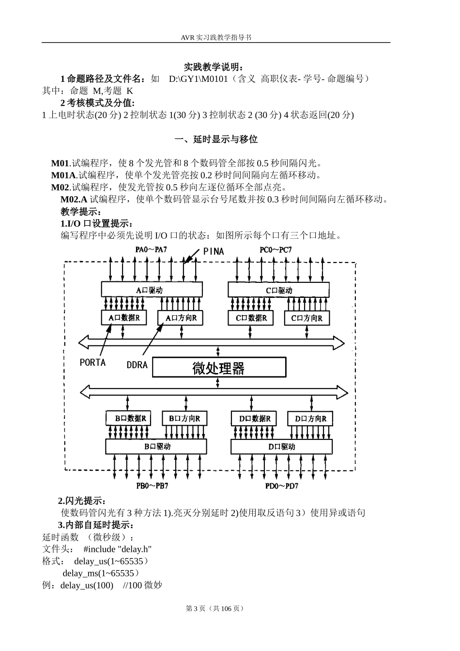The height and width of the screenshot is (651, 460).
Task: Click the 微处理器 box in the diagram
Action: point(219,368)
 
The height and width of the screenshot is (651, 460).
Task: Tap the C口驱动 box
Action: point(279,290)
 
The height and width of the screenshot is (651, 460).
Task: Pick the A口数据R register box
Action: point(123,318)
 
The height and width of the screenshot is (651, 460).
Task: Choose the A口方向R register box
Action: point(181,318)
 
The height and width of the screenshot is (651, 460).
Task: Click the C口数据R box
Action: point(250,318)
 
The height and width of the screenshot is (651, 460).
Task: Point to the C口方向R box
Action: point(307,318)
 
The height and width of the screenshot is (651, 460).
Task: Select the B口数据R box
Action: point(128,418)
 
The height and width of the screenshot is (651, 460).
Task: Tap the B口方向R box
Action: point(184,418)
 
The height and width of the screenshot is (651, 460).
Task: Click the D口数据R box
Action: point(255,418)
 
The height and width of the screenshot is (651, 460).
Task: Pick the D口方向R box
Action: point(310,418)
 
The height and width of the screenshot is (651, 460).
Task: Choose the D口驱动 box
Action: point(281,447)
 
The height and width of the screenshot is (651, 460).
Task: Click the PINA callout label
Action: point(214,251)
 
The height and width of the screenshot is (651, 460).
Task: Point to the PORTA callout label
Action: point(92,362)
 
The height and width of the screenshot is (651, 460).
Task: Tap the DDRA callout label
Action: point(137,365)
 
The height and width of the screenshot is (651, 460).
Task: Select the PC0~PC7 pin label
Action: point(276,250)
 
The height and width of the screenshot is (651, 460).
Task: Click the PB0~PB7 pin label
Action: point(152,486)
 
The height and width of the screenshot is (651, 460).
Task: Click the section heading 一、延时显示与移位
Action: point(216,139)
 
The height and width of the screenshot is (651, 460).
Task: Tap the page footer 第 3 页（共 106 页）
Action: point(215,608)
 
